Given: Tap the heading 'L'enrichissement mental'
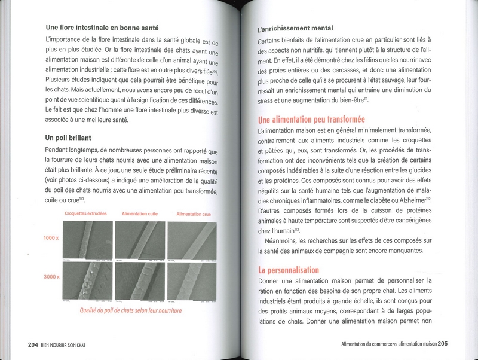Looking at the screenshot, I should [295, 28].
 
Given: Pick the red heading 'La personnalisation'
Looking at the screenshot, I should [289, 270].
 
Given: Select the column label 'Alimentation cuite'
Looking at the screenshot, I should [140, 213].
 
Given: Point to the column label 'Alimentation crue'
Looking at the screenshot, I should [194, 213].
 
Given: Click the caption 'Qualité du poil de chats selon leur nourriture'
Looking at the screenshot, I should [131, 311].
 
